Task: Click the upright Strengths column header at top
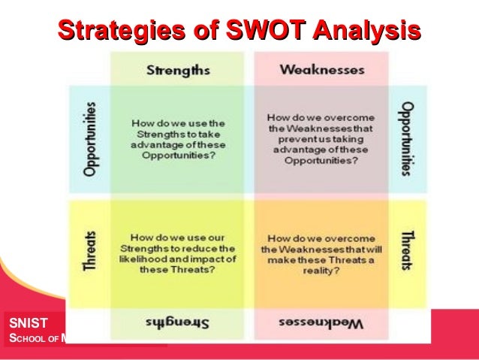point(177,70)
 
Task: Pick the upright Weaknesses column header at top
point(321,70)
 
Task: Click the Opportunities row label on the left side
point(90,139)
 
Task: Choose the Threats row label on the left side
point(90,248)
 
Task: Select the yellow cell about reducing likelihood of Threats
point(177,248)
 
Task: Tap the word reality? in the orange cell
point(320,270)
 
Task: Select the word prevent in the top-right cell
point(297,138)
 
